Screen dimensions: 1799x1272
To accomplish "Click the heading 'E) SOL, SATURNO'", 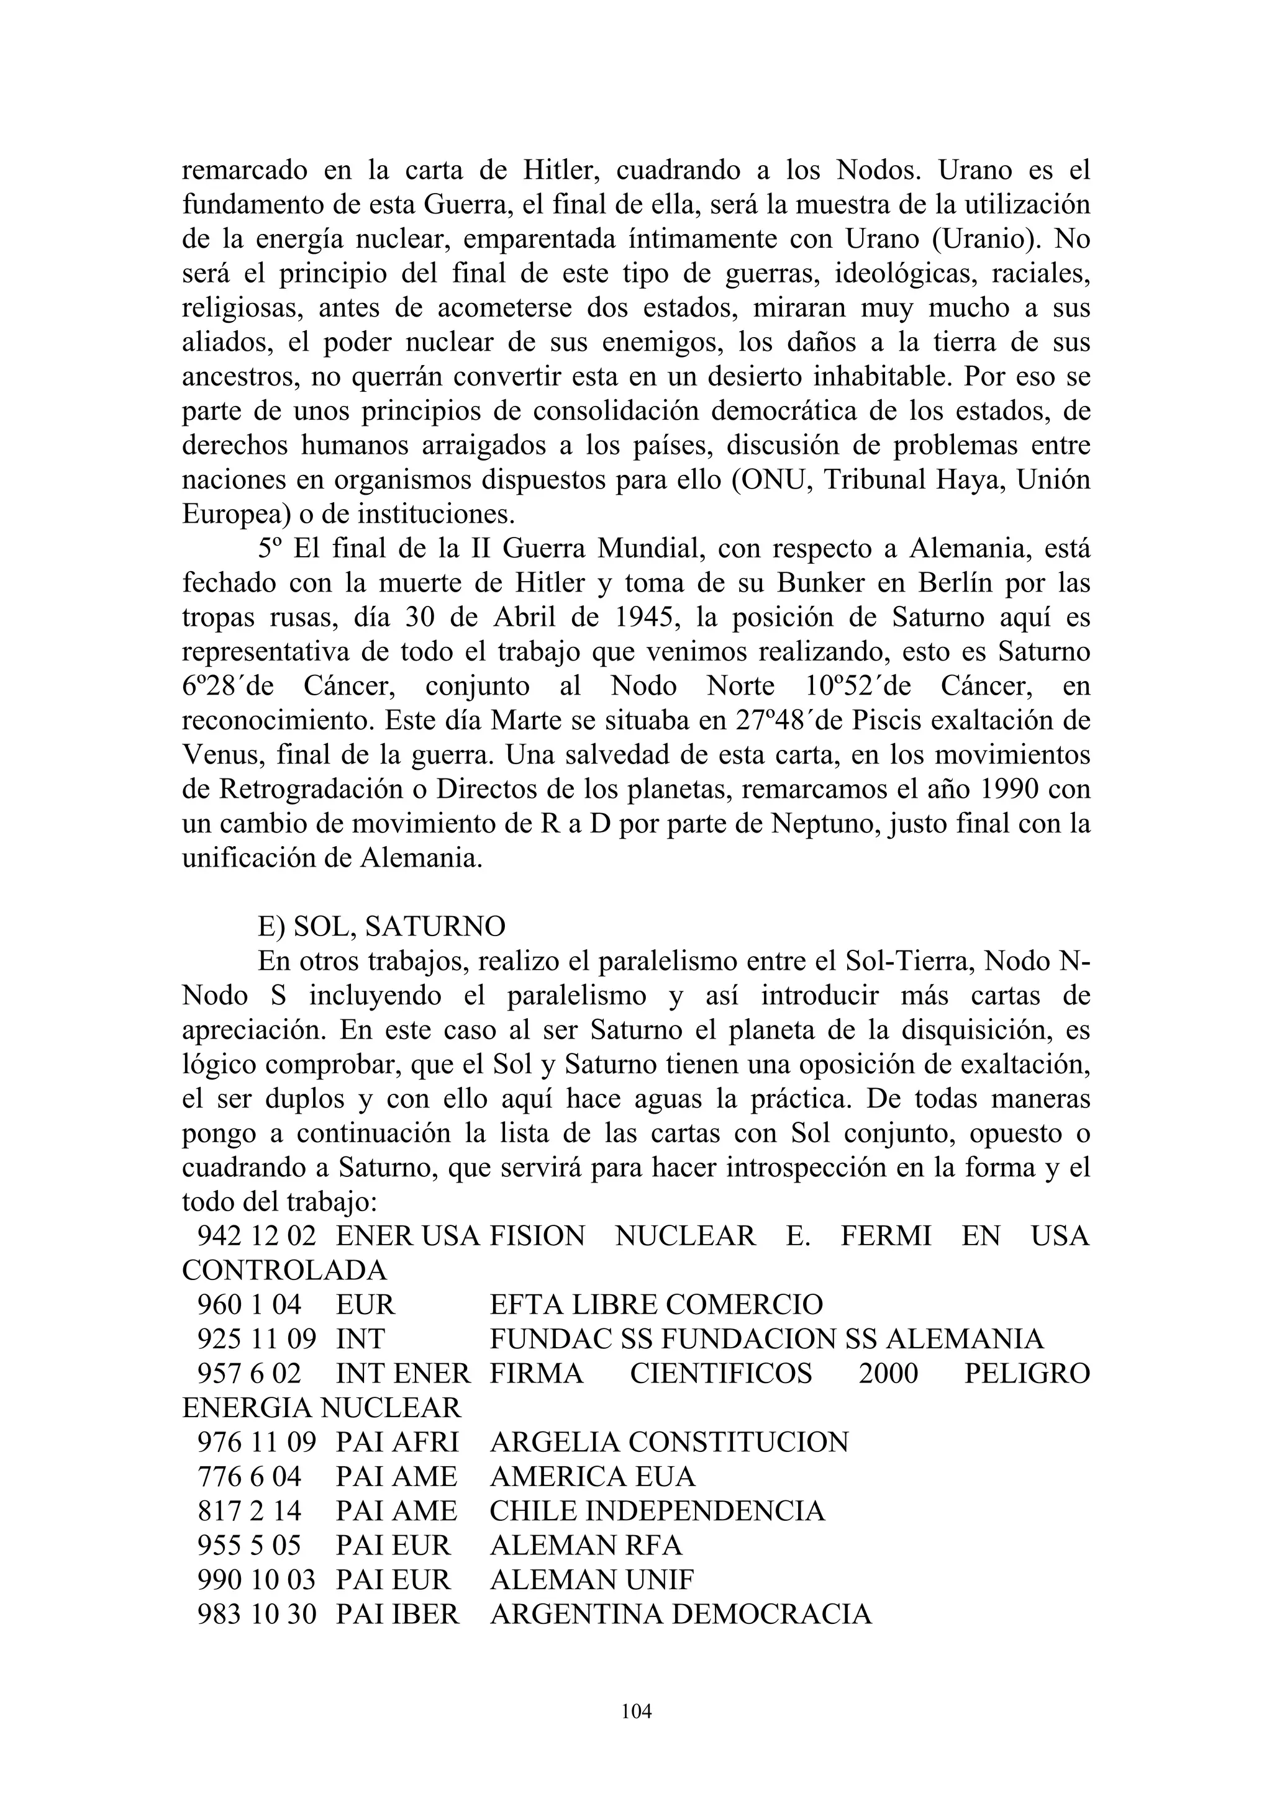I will (x=382, y=926).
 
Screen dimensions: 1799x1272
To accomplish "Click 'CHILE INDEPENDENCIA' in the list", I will (x=656, y=1511).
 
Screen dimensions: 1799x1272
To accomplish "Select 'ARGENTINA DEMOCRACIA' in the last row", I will (x=680, y=1614).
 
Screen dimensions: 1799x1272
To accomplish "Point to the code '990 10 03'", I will (x=257, y=1580).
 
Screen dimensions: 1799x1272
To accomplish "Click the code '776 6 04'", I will (x=248, y=1477).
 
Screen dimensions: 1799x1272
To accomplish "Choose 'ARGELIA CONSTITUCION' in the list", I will (x=668, y=1443).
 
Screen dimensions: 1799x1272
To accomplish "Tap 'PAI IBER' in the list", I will (x=397, y=1614).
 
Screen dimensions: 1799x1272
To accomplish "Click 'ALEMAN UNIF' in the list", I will (x=592, y=1580).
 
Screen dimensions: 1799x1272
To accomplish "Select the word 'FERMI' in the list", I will (x=886, y=1235).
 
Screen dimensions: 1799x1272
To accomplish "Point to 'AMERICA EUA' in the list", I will (x=593, y=1477).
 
